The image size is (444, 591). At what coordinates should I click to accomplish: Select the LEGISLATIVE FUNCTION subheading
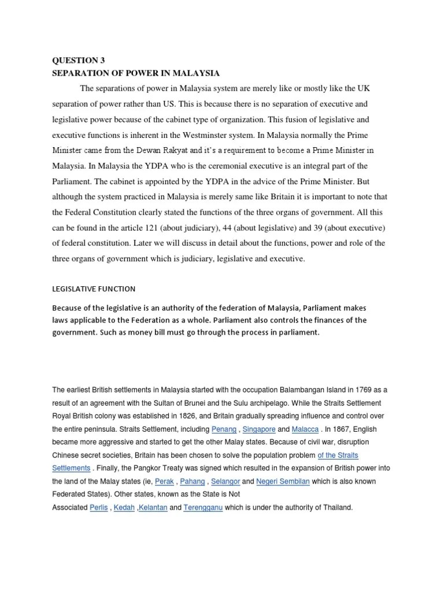coord(94,289)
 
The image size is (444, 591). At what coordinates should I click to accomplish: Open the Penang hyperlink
coord(224,429)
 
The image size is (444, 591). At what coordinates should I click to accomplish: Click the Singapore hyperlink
coord(259,429)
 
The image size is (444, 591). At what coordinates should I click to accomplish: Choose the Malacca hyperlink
coord(305,429)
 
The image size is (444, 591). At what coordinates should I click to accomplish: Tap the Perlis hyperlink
coord(99,508)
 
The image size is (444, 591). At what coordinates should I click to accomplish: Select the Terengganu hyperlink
coord(203,508)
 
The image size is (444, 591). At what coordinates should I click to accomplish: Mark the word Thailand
coord(335,508)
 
